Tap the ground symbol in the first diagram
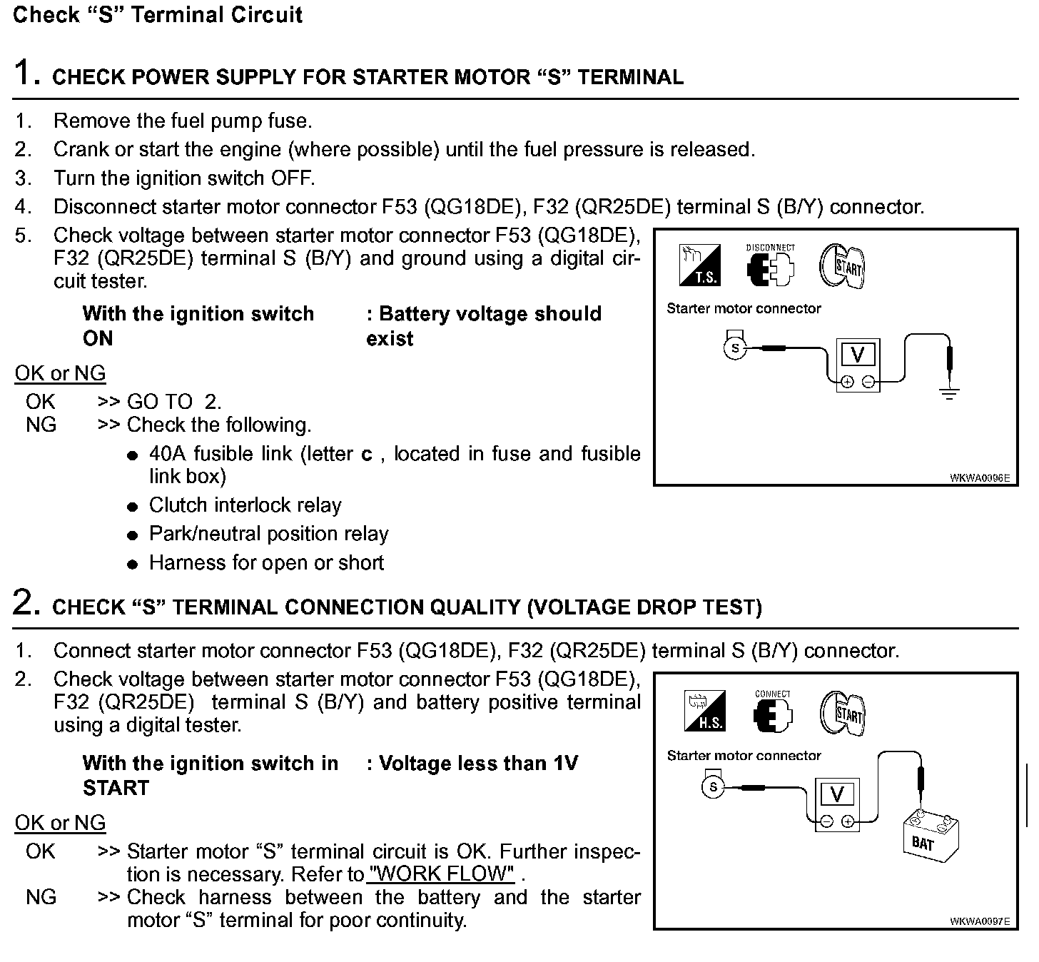pyautogui.click(x=949, y=392)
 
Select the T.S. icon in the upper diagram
pyautogui.click(x=700, y=265)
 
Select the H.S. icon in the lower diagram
pyautogui.click(x=704, y=711)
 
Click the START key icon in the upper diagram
pyautogui.click(x=842, y=265)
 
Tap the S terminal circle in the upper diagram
pyautogui.click(x=734, y=348)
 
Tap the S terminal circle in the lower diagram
pyautogui.click(x=712, y=787)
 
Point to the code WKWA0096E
pyautogui.click(x=980, y=478)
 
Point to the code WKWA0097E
pyautogui.click(x=980, y=921)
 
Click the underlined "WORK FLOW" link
pyautogui.click(x=442, y=874)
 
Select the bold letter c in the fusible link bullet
pyautogui.click(x=367, y=455)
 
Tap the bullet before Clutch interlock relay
pyautogui.click(x=132, y=507)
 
